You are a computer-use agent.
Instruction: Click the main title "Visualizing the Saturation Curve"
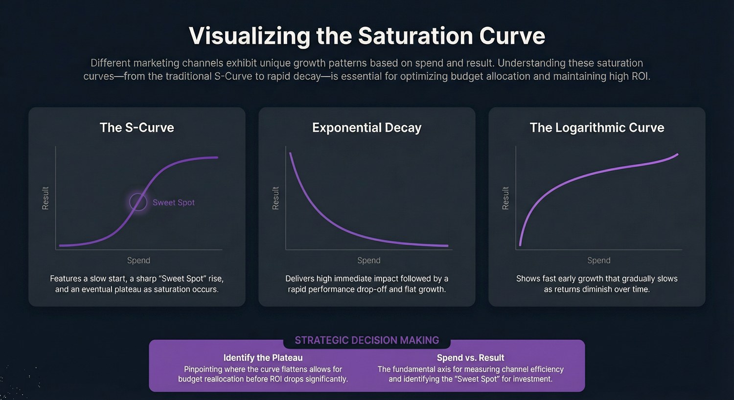[367, 36]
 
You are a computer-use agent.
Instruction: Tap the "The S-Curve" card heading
[137, 128]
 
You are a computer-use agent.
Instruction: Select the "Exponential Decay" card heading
[367, 128]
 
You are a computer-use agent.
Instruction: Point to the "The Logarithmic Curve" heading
[596, 128]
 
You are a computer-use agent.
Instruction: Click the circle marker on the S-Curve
[138, 201]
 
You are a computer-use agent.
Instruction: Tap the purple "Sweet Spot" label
[173, 202]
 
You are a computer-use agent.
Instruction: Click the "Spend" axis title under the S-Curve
[138, 260]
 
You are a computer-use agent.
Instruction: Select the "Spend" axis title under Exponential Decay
[368, 260]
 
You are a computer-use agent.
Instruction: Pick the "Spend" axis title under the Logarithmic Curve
[598, 260]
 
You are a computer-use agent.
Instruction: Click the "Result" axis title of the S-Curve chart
[46, 198]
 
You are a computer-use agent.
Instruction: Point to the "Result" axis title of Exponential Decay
[275, 198]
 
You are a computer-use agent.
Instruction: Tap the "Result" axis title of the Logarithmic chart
[505, 198]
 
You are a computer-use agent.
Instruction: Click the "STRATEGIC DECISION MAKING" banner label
[367, 340]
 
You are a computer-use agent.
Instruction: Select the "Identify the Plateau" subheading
[263, 358]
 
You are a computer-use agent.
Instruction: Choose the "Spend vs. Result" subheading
[470, 358]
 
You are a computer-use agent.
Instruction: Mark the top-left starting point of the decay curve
[290, 154]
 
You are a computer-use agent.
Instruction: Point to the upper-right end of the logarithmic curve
[677, 155]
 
